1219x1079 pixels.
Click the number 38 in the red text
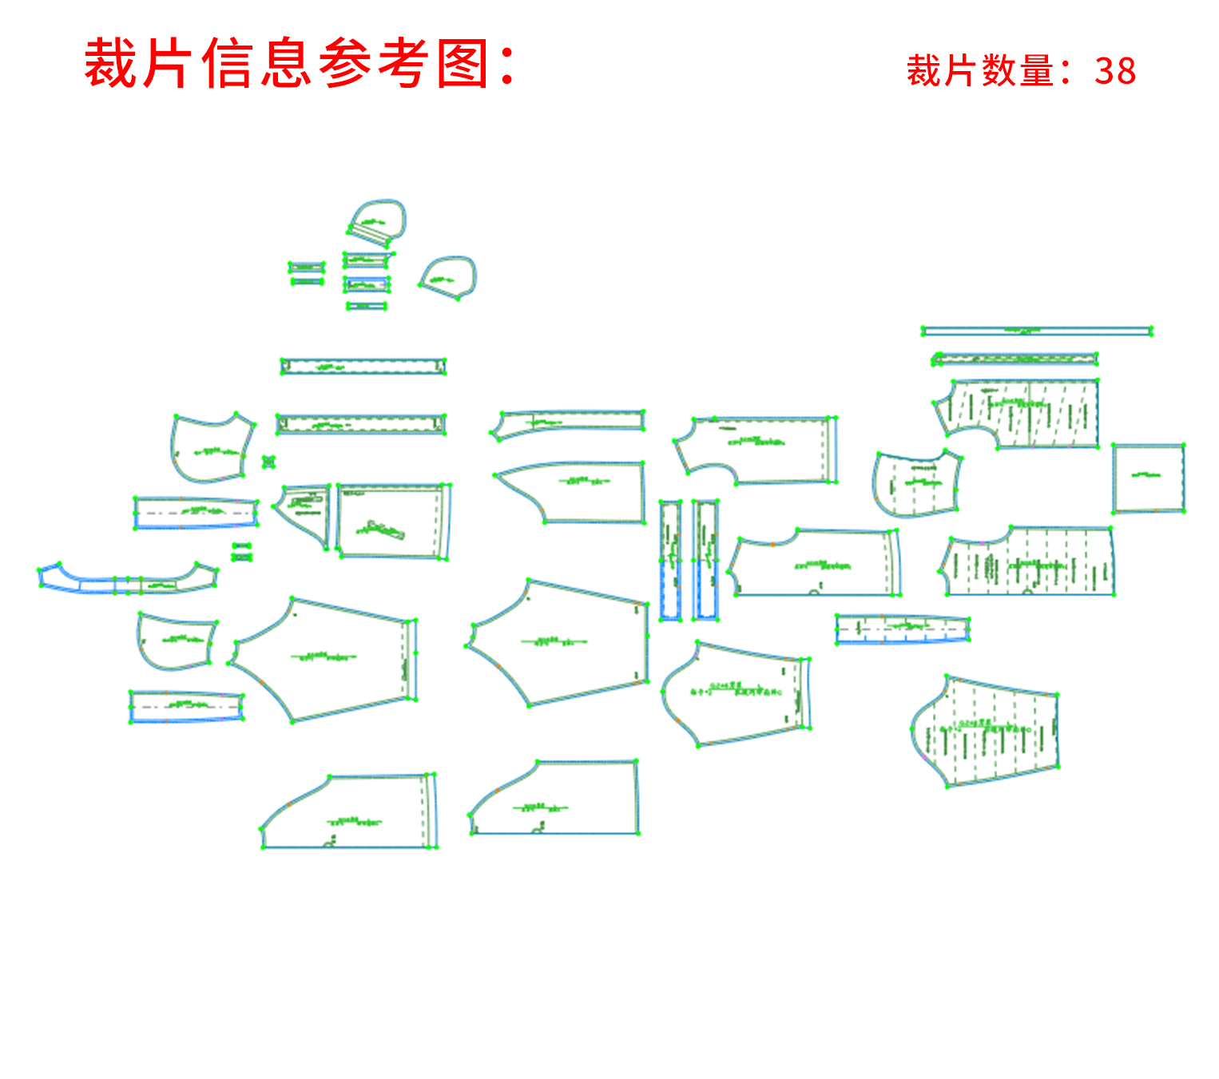coord(1115,71)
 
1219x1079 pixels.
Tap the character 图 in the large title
coord(463,64)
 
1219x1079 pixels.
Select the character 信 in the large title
coord(228,64)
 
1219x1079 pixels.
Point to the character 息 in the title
coord(287,64)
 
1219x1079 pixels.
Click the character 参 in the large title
coord(346,64)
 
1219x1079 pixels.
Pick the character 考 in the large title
coord(404,64)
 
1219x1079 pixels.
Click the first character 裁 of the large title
coord(111,64)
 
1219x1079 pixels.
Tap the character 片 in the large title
coord(169,64)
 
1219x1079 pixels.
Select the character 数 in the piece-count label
coord(999,71)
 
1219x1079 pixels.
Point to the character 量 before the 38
coord(1036,71)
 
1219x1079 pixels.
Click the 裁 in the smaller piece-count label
coord(924,71)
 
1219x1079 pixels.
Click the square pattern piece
coord(1148,478)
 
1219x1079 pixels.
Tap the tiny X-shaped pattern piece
coord(268,462)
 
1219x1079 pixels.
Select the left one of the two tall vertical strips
coord(669,560)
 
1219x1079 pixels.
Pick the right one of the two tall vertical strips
coord(705,560)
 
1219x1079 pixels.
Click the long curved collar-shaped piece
coord(128,581)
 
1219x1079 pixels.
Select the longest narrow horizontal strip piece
coord(1036,331)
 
